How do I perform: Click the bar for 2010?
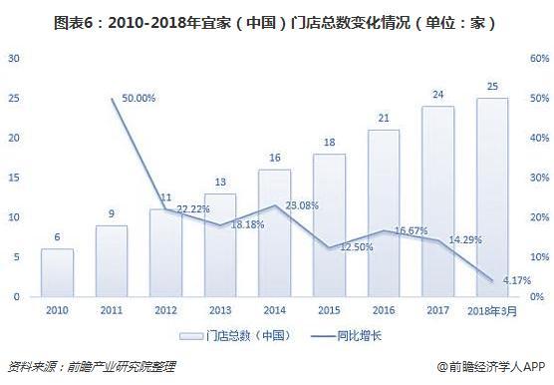(57, 272)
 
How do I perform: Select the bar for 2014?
(274, 232)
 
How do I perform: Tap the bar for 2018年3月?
(491, 197)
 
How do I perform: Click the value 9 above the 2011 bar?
(112, 213)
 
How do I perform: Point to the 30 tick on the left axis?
(14, 59)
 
